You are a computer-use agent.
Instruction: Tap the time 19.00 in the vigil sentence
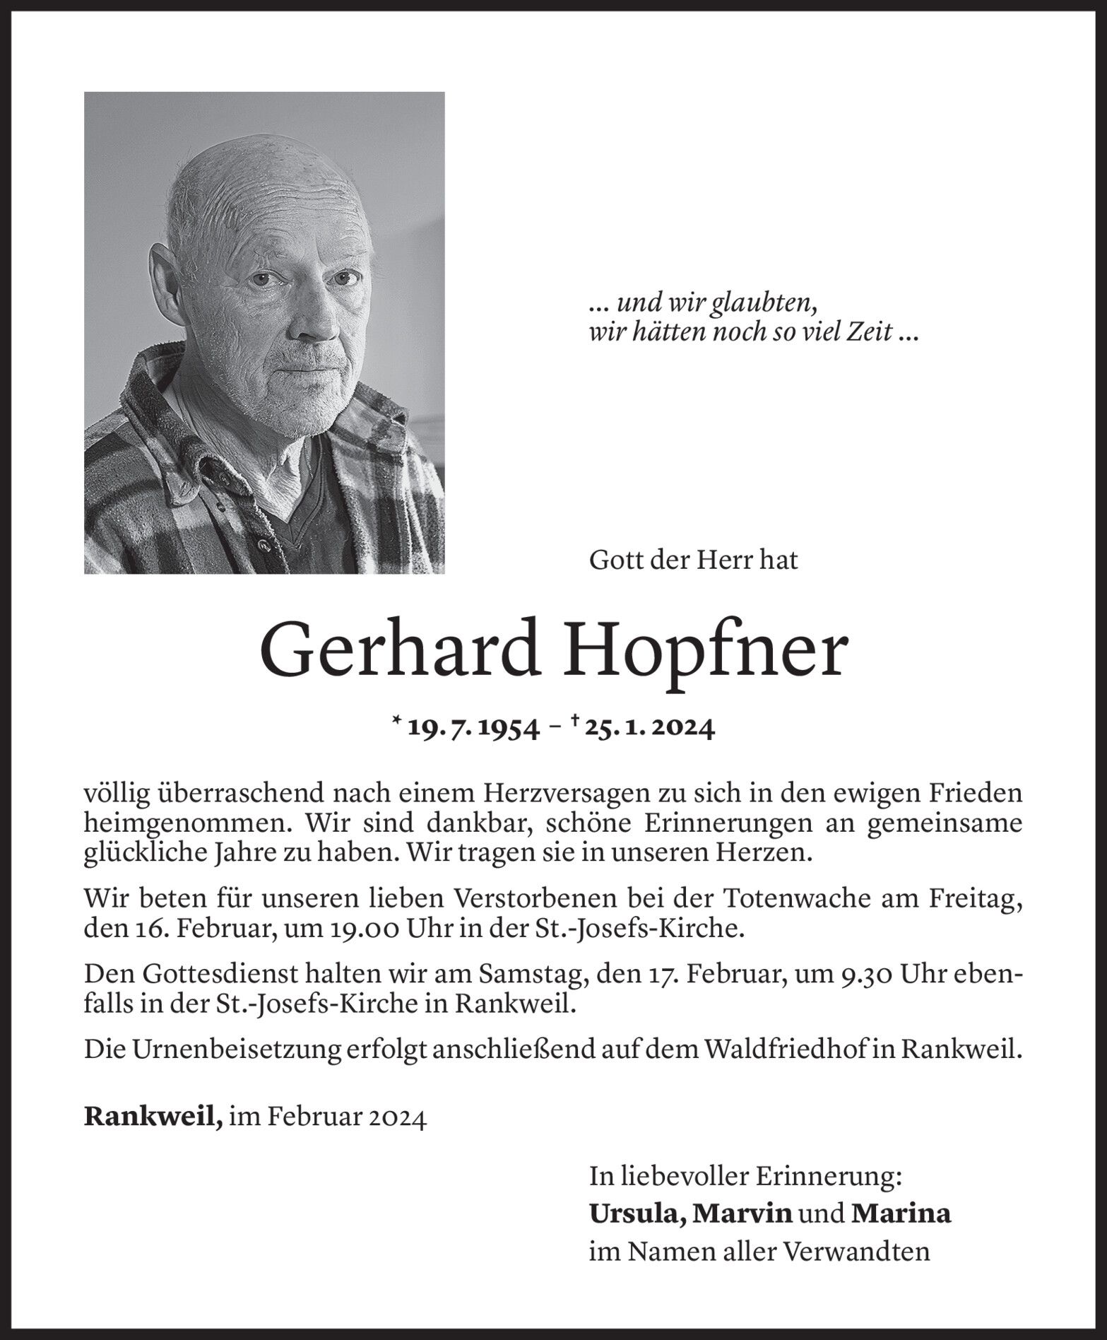(355, 929)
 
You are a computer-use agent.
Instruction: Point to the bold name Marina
(901, 1215)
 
